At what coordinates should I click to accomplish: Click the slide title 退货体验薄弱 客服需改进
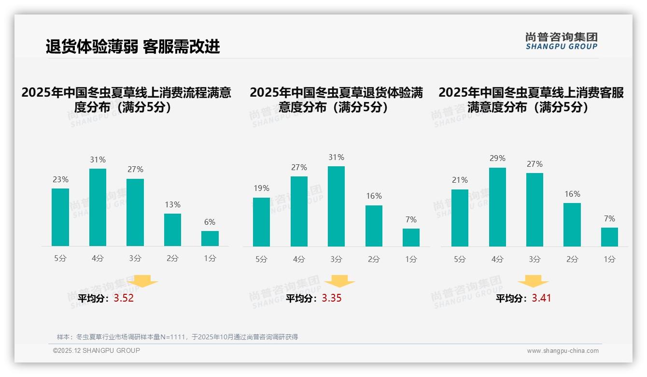pyautogui.click(x=133, y=46)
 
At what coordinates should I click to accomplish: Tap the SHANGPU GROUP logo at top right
pyautogui.click(x=561, y=41)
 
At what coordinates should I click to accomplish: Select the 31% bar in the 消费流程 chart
pyautogui.click(x=98, y=207)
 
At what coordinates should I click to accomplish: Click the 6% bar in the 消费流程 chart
pyautogui.click(x=210, y=238)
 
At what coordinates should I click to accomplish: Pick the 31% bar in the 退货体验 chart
pyautogui.click(x=336, y=206)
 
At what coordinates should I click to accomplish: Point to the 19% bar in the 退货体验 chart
pyautogui.click(x=261, y=222)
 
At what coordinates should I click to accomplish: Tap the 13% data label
pyautogui.click(x=172, y=204)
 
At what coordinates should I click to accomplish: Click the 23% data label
pyautogui.click(x=60, y=179)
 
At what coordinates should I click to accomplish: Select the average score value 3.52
pyautogui.click(x=124, y=298)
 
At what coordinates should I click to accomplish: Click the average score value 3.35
pyautogui.click(x=332, y=298)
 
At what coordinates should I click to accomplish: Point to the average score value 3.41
pyautogui.click(x=541, y=298)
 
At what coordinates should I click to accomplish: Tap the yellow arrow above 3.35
pyautogui.click(x=340, y=281)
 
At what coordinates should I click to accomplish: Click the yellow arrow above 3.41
pyautogui.click(x=533, y=281)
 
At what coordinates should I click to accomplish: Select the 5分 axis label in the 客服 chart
pyautogui.click(x=460, y=260)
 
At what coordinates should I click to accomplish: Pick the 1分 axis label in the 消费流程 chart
pyautogui.click(x=210, y=259)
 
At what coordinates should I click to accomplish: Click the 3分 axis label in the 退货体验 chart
pyautogui.click(x=336, y=260)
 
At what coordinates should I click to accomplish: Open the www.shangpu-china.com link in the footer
pyautogui.click(x=563, y=351)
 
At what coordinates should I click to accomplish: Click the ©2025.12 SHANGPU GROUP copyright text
pyautogui.click(x=97, y=350)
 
